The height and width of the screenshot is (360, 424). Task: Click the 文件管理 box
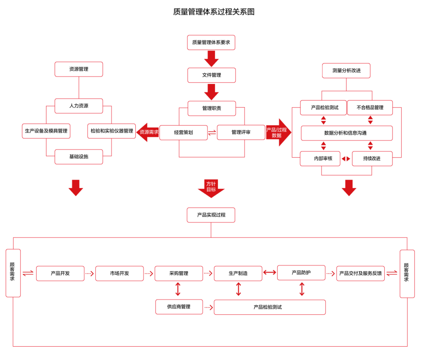211,75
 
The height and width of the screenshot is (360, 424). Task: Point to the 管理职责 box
211,108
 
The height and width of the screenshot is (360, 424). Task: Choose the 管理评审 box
241,133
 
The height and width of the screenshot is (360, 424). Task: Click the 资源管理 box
79,69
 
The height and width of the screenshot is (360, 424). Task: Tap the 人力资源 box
79,106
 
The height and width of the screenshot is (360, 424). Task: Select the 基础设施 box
79,156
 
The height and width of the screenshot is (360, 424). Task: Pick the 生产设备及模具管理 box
46,131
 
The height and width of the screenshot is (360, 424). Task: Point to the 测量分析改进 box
346,71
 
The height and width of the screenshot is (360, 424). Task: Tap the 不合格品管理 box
370,108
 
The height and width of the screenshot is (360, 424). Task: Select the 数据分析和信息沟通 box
346,133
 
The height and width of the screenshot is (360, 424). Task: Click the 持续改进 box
372,158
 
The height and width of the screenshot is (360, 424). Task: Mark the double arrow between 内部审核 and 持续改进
346,159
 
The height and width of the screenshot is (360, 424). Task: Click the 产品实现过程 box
211,215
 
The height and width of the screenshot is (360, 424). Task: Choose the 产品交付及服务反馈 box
360,273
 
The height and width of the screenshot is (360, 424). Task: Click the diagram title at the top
215,12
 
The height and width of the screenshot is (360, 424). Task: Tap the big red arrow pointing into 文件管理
211,59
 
